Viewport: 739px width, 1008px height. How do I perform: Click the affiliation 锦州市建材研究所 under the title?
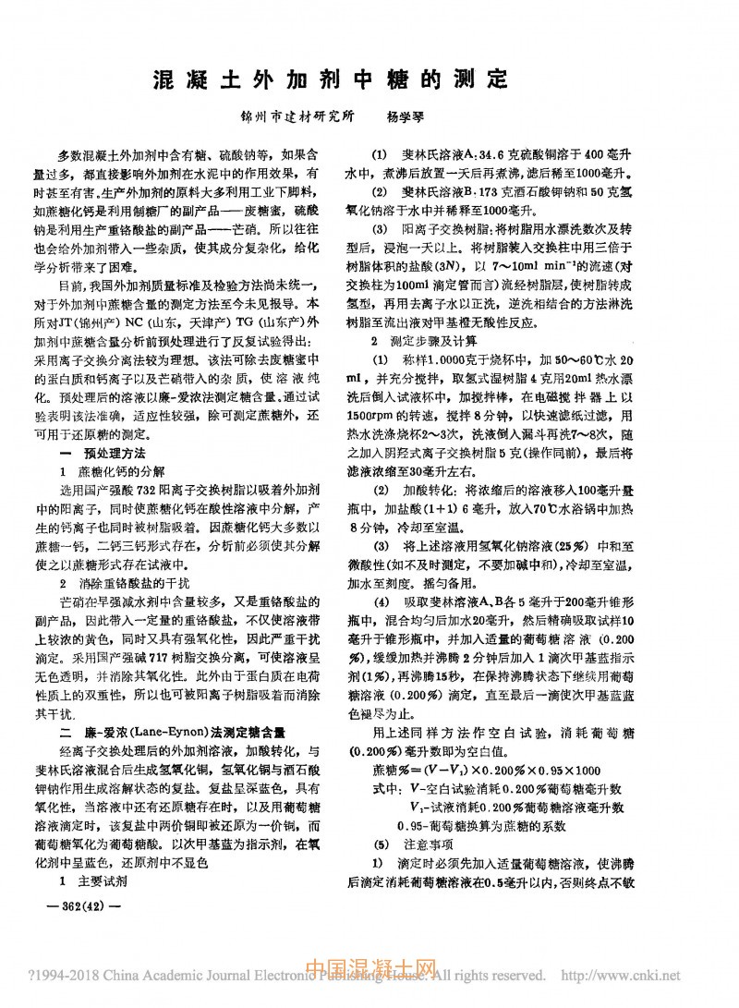(x=297, y=118)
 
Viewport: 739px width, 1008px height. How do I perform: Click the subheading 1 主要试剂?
(x=94, y=880)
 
